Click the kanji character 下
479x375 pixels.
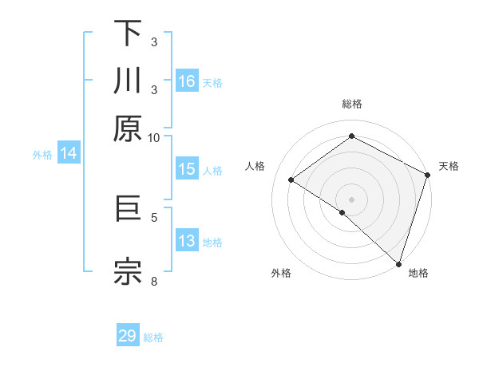pos(128,34)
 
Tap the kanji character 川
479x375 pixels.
pos(128,81)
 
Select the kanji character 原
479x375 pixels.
pos(128,128)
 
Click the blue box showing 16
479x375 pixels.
pos(187,81)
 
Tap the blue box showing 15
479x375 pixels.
pos(187,169)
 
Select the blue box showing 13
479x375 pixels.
pos(187,241)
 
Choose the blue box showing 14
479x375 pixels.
pos(69,154)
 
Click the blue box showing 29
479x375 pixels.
pos(128,336)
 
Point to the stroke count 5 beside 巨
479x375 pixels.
pos(156,215)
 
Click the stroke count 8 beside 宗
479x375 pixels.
pos(156,280)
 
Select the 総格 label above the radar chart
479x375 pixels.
pos(352,104)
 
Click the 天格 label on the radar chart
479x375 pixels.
pos(449,166)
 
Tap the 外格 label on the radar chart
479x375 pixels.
pos(281,273)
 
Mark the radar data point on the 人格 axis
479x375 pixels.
pos(291,180)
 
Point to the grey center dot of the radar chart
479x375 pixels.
pos(352,199)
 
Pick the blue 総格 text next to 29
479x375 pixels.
pos(154,337)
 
